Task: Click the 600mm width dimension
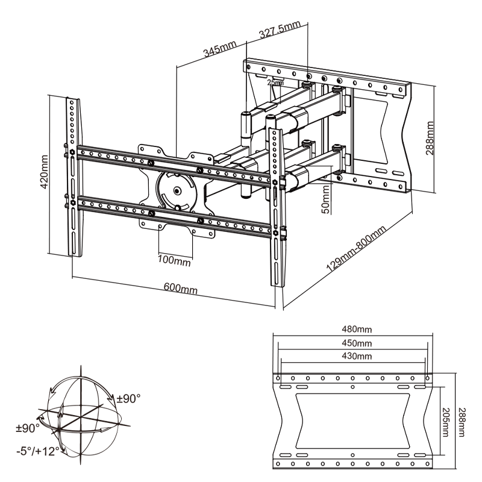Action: tap(180, 289)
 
